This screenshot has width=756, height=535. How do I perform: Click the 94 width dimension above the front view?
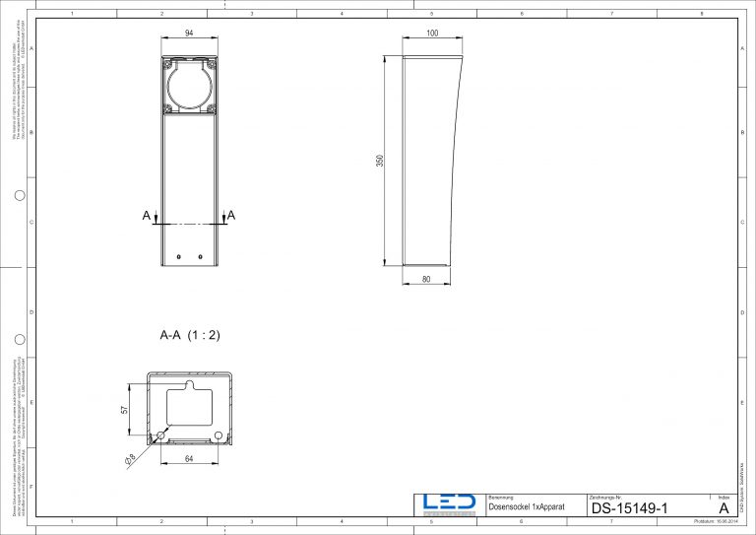(188, 34)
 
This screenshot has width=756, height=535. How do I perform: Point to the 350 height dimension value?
(380, 161)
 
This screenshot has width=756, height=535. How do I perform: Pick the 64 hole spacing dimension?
(187, 456)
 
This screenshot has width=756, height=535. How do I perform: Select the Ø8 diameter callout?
(130, 457)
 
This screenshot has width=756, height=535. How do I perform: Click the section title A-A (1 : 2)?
(190, 335)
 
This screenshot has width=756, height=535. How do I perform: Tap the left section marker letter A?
(146, 215)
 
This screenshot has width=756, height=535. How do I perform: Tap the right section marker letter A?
(231, 215)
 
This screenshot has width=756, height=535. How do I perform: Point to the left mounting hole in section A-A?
(159, 435)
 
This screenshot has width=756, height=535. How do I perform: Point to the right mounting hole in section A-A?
(219, 435)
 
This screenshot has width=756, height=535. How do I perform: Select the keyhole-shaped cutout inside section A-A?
(190, 406)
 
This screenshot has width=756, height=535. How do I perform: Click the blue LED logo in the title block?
(448, 503)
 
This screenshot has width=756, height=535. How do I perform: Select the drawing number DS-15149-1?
(630, 508)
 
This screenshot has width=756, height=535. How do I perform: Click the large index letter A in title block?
(724, 508)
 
